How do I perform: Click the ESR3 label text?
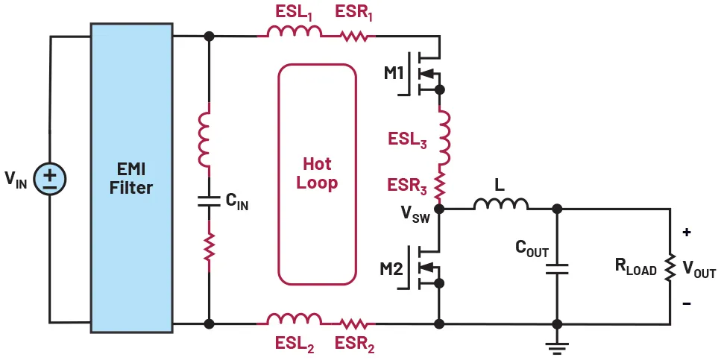tap(406, 183)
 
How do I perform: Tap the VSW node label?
tap(415, 216)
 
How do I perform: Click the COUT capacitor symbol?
tap(555, 265)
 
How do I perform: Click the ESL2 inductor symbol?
tap(294, 321)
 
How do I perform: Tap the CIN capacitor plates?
tap(208, 200)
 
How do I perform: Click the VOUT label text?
tap(699, 270)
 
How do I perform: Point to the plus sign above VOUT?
tap(686, 232)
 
